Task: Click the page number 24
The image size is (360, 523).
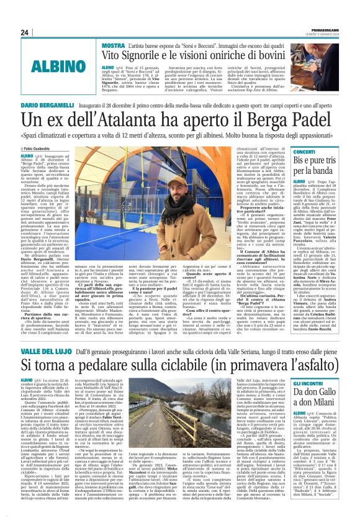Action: [x=25, y=33]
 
